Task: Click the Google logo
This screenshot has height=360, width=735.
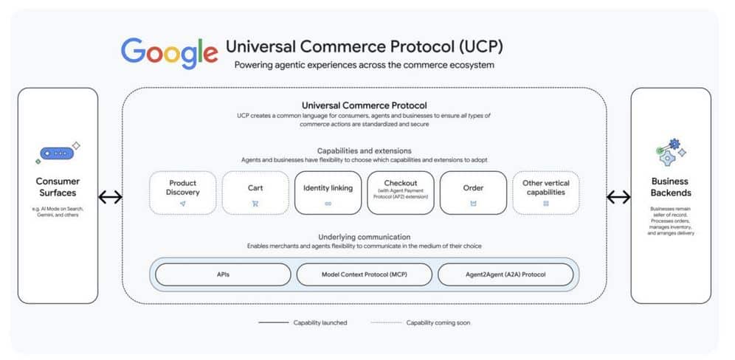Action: point(170,52)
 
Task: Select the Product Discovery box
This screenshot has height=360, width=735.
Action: point(183,193)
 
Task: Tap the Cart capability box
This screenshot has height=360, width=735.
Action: point(255,193)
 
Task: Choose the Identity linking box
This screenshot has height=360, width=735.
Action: point(328,193)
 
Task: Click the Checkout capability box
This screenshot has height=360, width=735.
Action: point(400,193)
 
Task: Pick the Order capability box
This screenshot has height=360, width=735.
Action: point(473,193)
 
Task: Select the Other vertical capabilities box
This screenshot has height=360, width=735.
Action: point(545,193)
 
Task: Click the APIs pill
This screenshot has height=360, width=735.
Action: point(223,274)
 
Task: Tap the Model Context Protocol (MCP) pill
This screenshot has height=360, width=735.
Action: point(365,274)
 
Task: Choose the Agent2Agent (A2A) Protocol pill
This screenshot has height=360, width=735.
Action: point(505,274)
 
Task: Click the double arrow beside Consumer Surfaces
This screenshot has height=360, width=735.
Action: point(110,197)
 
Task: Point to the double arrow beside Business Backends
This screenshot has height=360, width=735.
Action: point(618,197)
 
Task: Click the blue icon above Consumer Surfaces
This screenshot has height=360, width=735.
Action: point(57,153)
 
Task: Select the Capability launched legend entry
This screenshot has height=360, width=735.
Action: point(302,322)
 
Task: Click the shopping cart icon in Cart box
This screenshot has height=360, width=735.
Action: point(255,203)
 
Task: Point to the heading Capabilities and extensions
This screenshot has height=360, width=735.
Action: point(364,150)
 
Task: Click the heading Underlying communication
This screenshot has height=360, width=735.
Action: point(364,237)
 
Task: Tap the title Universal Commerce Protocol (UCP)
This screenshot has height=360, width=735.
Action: point(365,46)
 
